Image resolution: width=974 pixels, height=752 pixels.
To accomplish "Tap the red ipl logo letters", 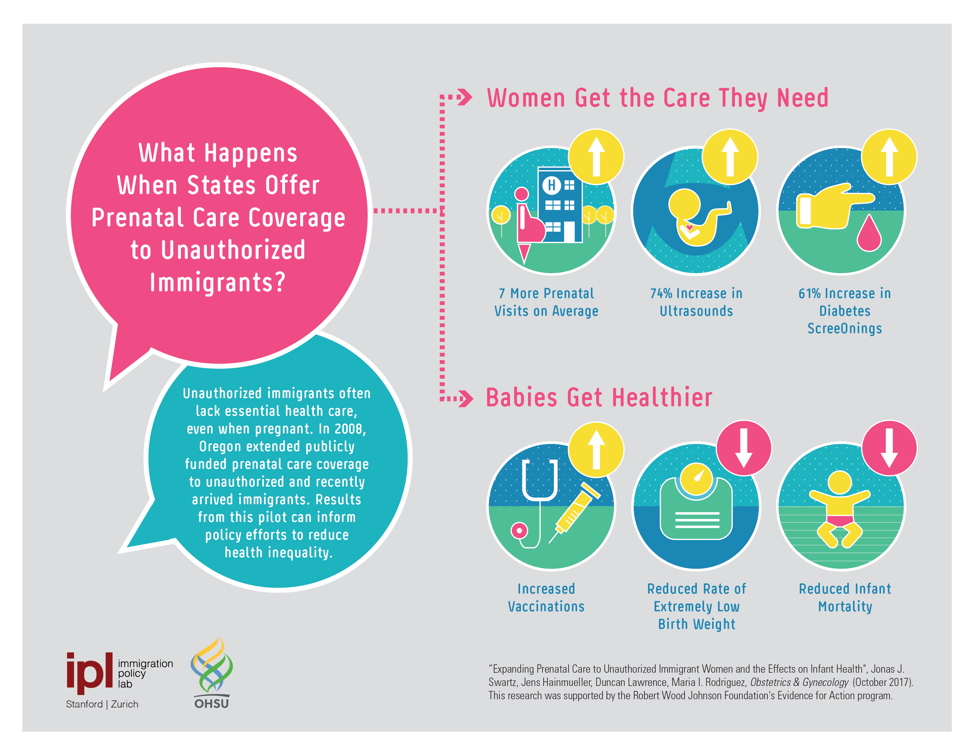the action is (89, 673).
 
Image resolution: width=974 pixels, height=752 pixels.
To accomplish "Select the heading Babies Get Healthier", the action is (599, 398).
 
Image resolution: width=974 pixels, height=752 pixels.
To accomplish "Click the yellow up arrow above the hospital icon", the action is (596, 157).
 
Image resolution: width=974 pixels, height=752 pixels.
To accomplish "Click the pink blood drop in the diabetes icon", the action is (869, 233).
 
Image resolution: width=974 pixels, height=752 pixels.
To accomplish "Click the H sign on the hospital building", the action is (552, 185).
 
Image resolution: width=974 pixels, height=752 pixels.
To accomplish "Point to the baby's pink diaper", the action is (840, 520).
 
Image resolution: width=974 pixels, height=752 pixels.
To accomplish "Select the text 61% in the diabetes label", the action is (809, 294).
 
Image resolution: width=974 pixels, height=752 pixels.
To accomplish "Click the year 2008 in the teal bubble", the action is (350, 428).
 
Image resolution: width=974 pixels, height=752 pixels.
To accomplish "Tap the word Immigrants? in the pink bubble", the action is (218, 283).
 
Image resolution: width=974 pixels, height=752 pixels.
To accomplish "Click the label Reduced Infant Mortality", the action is (845, 598).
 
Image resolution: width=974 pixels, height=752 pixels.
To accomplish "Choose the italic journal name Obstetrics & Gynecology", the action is (799, 682).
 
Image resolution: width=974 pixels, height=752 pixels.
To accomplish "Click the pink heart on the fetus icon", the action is (689, 228).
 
